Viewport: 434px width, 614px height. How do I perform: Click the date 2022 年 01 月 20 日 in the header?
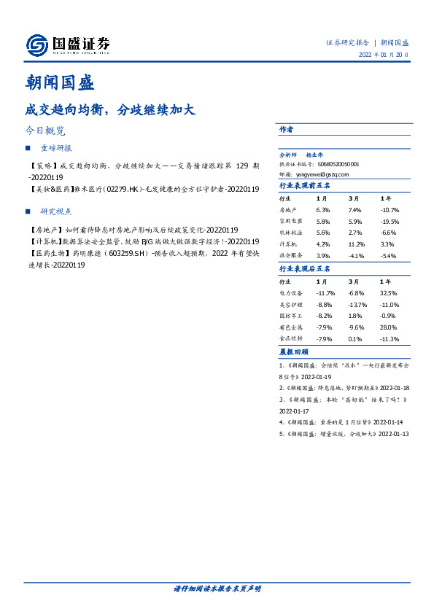click(384, 55)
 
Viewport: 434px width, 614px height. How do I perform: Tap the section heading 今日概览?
click(45, 131)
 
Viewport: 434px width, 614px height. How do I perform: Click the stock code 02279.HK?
click(124, 189)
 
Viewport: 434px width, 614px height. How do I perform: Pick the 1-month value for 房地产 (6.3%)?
click(323, 209)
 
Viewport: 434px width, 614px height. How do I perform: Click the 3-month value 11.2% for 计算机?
click(356, 244)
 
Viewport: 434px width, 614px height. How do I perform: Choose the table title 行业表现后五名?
click(305, 268)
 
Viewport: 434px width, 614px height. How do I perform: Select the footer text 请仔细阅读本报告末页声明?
click(217, 588)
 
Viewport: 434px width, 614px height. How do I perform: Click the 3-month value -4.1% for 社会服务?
click(355, 256)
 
